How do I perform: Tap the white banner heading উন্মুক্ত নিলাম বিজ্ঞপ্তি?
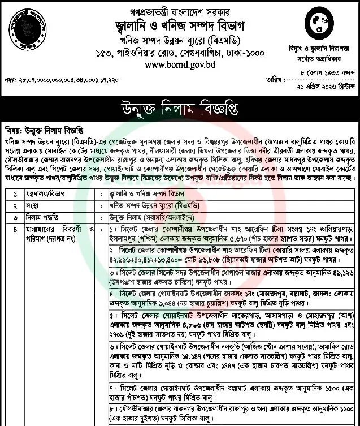[x=180, y=107]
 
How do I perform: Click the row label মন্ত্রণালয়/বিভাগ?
[x=46, y=192]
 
